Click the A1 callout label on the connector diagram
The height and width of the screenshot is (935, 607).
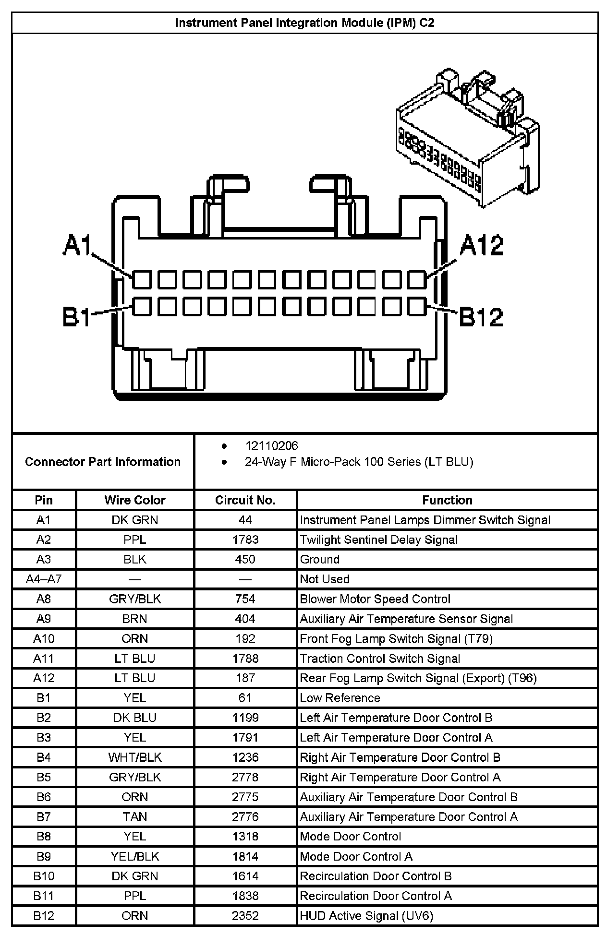[77, 246]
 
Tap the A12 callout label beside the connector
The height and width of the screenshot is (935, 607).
[481, 246]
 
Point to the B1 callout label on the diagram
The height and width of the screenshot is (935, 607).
[76, 317]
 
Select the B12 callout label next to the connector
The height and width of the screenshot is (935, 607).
[481, 317]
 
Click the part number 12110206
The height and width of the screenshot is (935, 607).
[271, 446]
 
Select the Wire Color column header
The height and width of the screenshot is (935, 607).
[134, 500]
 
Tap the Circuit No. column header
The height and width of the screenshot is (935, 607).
[245, 500]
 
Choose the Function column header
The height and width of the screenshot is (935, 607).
[447, 500]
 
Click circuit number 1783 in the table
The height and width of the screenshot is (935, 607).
[245, 539]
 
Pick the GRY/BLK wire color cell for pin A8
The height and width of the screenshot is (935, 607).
[134, 599]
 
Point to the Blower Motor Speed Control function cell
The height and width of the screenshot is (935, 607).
[375, 599]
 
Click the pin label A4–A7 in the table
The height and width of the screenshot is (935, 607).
[43, 579]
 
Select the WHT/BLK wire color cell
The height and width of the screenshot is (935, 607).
[134, 757]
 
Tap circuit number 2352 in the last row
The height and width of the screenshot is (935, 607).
[245, 916]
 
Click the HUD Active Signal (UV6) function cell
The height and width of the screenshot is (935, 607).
[366, 916]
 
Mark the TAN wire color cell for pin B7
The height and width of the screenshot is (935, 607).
[134, 817]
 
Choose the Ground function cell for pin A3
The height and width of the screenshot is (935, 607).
[319, 560]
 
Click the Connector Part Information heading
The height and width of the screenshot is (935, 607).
[103, 462]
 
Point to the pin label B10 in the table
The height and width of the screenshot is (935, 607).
[43, 876]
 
